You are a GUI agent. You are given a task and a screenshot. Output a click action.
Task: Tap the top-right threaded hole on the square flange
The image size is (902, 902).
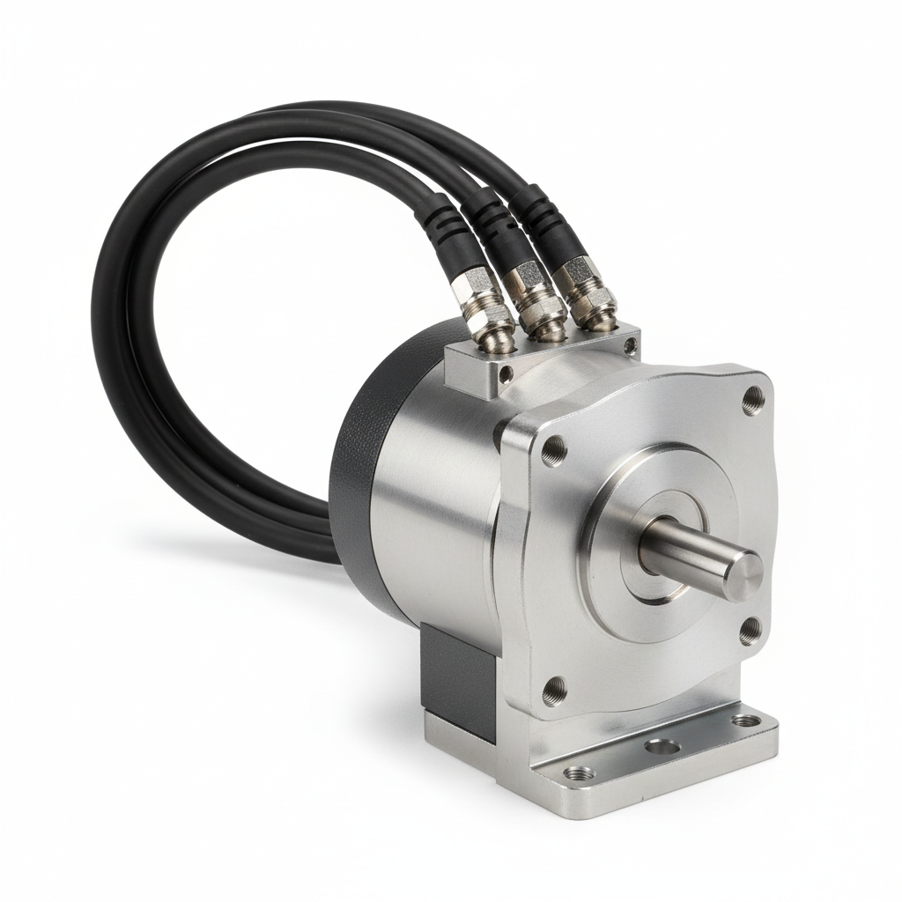752,401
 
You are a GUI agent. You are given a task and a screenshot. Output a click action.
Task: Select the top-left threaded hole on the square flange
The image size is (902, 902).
553,451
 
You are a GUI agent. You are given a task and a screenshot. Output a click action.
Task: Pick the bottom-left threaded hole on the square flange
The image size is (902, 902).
553,691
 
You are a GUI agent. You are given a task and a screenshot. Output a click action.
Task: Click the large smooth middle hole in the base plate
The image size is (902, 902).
662,747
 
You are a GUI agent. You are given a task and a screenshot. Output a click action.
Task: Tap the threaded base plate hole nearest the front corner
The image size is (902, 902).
580,773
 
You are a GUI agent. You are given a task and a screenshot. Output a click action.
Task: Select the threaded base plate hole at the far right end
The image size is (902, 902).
745,721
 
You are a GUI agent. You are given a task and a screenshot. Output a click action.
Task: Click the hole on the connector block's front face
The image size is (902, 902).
506,374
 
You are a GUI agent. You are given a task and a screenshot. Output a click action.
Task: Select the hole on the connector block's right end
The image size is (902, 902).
631,346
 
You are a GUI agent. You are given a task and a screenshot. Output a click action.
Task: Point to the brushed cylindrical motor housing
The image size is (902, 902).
432,493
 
